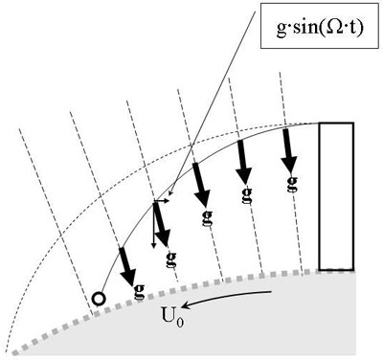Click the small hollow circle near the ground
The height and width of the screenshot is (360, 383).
click(98, 298)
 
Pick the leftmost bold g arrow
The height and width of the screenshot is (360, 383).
click(127, 265)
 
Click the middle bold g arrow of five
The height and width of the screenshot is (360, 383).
click(201, 183)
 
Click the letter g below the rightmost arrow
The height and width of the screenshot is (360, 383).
click(290, 182)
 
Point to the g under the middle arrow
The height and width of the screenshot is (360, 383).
click(207, 215)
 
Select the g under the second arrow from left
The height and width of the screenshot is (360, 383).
click(170, 256)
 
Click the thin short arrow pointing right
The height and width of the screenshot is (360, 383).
click(168, 202)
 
